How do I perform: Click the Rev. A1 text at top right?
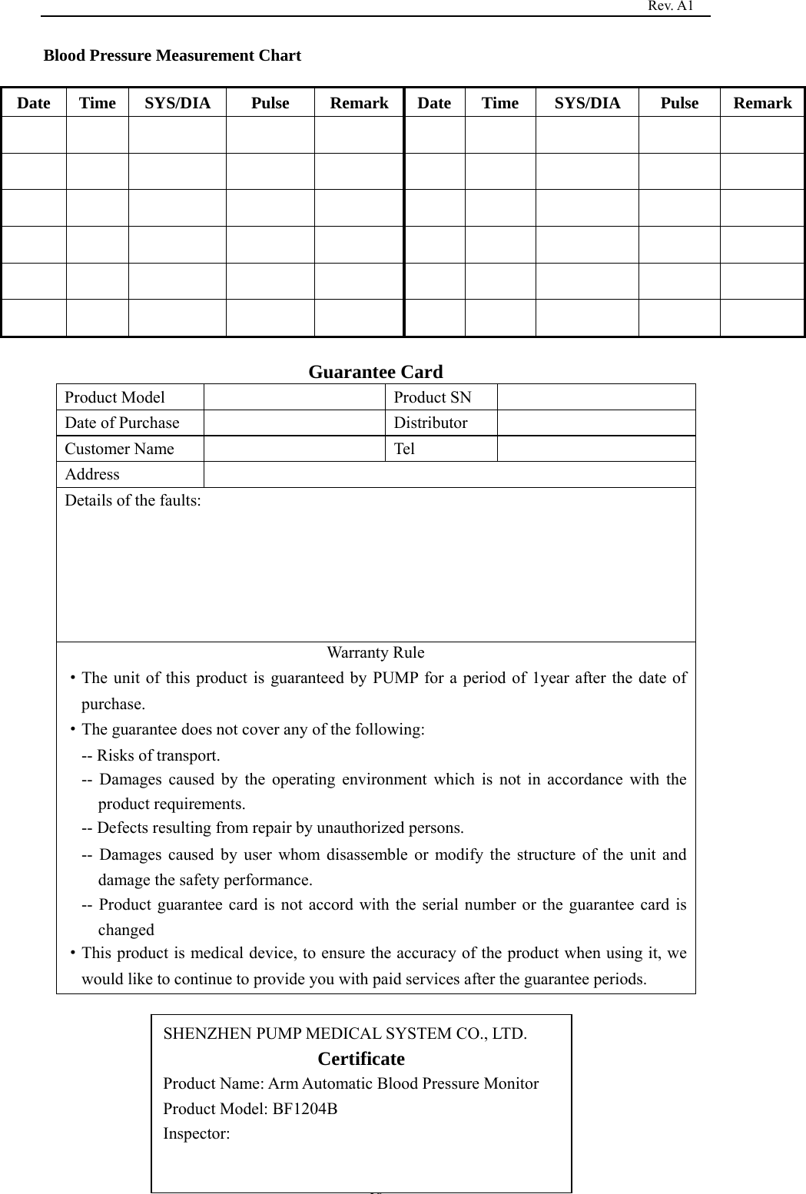pyautogui.click(x=670, y=6)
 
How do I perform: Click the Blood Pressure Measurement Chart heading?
pyautogui.click(x=172, y=55)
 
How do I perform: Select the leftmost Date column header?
pyautogui.click(x=34, y=103)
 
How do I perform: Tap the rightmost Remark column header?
pyautogui.click(x=761, y=103)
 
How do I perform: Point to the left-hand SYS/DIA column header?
pyautogui.click(x=177, y=103)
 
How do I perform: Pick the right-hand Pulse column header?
pyautogui.click(x=679, y=103)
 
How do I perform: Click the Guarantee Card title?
pyautogui.click(x=376, y=372)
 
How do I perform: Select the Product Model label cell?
pyautogui.click(x=114, y=397)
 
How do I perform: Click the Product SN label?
pyautogui.click(x=433, y=397)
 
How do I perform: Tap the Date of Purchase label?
pyautogui.click(x=121, y=423)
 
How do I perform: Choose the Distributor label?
pyautogui.click(x=430, y=423)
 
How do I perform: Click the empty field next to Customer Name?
pyautogui.click(x=294, y=449)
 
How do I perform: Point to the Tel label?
pyautogui.click(x=404, y=449)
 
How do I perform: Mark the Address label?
pyautogui.click(x=92, y=474)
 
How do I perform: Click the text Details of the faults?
pyautogui.click(x=133, y=501)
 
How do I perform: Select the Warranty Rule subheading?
pyautogui.click(x=375, y=652)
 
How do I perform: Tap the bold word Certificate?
pyautogui.click(x=361, y=1059)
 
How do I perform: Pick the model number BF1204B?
pyautogui.click(x=305, y=1109)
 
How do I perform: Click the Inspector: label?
pyautogui.click(x=196, y=1133)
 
